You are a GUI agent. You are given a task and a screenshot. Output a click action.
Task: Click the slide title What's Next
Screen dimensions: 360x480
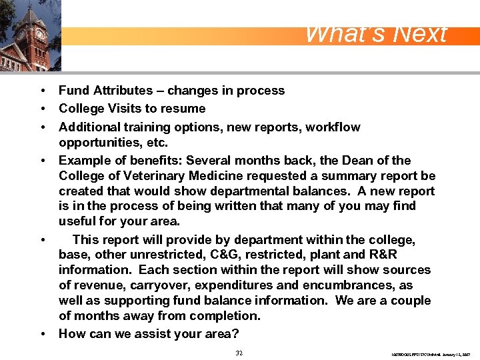pos(375,34)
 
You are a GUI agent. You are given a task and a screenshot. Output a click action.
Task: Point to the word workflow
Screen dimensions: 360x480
pos(333,127)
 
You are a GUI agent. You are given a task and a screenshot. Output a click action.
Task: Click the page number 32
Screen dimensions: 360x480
pos(239,353)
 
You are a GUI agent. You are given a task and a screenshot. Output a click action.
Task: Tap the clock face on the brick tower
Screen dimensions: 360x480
pos(39,34)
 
